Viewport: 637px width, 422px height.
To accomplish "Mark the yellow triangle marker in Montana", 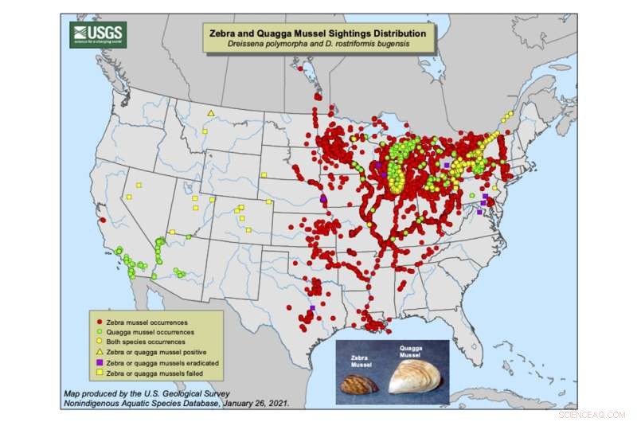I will coord(210,114).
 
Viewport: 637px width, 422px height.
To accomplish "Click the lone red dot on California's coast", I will coord(103,220).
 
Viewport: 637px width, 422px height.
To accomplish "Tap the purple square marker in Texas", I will coord(313,307).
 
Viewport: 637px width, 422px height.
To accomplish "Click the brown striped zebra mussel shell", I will coord(358,385).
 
